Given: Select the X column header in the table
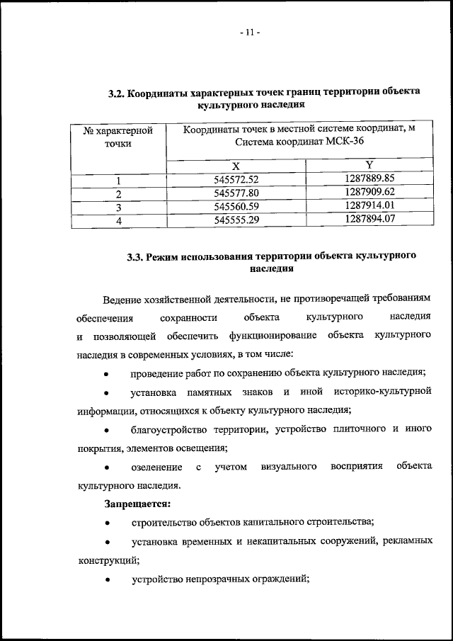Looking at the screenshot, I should click(235, 165).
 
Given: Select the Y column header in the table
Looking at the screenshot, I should click(369, 165).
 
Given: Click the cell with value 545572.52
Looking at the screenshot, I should click(236, 179).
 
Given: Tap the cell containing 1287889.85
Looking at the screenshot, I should click(369, 178).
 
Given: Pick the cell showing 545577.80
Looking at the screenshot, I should click(236, 193).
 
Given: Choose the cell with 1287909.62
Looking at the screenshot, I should click(369, 193).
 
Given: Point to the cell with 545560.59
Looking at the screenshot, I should click(236, 207).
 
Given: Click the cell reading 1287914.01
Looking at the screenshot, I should click(369, 206).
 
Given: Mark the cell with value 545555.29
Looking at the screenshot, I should click(236, 221).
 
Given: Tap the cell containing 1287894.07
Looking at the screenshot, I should click(369, 220).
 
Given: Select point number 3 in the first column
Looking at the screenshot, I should click(119, 207).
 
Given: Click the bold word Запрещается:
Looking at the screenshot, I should click(137, 504).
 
